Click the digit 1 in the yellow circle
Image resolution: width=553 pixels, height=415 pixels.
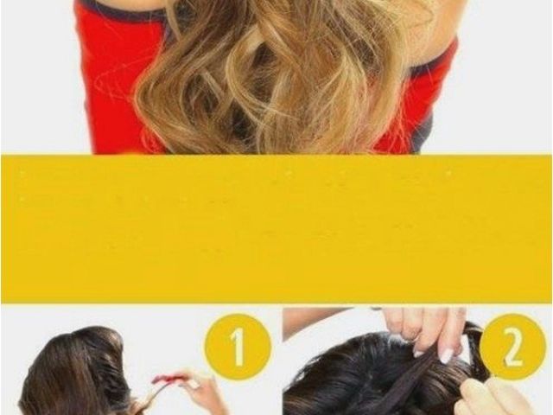pos(238,346)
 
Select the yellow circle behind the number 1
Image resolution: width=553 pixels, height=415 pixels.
pos(238,346)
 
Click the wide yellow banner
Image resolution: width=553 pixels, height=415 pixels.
pos(276,228)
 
